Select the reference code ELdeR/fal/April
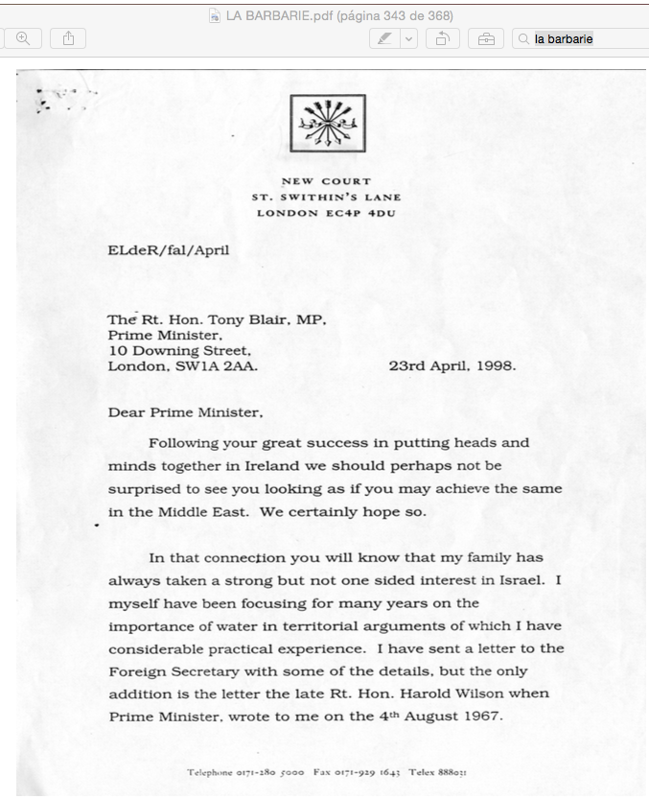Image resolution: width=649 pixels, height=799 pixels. [169, 250]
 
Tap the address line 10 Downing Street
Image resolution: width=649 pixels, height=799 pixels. [179, 351]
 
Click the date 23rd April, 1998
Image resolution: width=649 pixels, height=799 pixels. [452, 365]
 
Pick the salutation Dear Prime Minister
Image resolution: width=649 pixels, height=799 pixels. [185, 412]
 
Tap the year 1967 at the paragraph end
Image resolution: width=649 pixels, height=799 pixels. [482, 716]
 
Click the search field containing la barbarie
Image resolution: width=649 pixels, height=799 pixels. [580, 38]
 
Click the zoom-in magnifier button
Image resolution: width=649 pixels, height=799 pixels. [22, 38]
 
